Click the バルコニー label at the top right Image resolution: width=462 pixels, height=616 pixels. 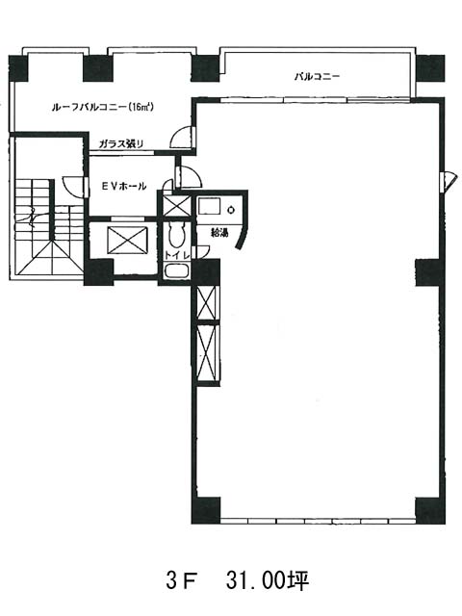(x=317, y=77)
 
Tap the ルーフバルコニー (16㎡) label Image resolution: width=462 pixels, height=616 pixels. (x=102, y=107)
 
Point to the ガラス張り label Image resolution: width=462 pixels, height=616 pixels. (x=121, y=144)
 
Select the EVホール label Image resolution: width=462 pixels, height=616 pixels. (x=124, y=186)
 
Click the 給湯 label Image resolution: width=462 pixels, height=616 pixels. (x=220, y=233)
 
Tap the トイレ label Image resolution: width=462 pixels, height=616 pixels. (x=176, y=254)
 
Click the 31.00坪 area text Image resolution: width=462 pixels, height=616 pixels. (x=268, y=580)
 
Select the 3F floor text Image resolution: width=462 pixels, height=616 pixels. (x=181, y=580)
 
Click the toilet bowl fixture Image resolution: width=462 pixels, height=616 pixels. (x=176, y=235)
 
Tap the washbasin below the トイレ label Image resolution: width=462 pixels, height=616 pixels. (x=176, y=271)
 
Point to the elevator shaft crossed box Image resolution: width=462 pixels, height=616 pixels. (x=127, y=240)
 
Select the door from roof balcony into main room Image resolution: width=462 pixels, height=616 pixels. (x=182, y=138)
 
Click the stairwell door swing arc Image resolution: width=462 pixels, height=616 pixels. (x=74, y=186)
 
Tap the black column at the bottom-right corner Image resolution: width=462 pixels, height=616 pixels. (x=430, y=510)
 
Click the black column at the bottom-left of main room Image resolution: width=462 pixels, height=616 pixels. (x=206, y=510)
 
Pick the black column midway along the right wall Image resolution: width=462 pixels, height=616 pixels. (x=430, y=272)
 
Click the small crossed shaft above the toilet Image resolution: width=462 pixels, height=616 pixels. (x=176, y=205)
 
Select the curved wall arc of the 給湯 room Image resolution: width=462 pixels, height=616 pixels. (x=242, y=233)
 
